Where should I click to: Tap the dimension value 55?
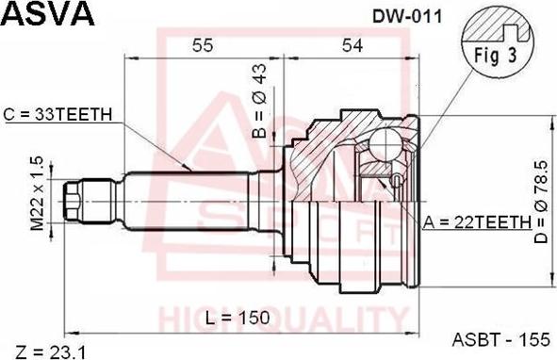(202, 43)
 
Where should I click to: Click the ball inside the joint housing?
(386, 143)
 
